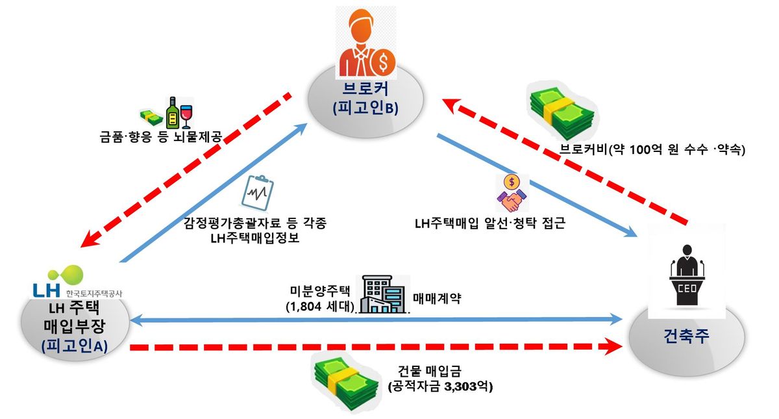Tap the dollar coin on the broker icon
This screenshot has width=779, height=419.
383,62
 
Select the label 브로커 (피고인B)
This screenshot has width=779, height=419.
365,99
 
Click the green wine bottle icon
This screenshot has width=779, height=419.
173,113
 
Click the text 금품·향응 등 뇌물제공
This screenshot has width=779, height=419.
161,137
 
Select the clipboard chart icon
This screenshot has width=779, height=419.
258,193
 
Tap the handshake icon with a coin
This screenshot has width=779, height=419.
512,193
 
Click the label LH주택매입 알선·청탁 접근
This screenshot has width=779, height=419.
490,223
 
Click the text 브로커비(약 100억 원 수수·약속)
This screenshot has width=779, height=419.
652,149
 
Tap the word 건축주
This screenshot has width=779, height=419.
686,336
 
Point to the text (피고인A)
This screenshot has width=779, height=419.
74,347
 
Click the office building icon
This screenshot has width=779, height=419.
382,294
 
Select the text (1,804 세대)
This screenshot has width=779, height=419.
320,307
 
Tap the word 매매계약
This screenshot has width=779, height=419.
437,298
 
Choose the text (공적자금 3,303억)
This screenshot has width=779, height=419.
440,387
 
